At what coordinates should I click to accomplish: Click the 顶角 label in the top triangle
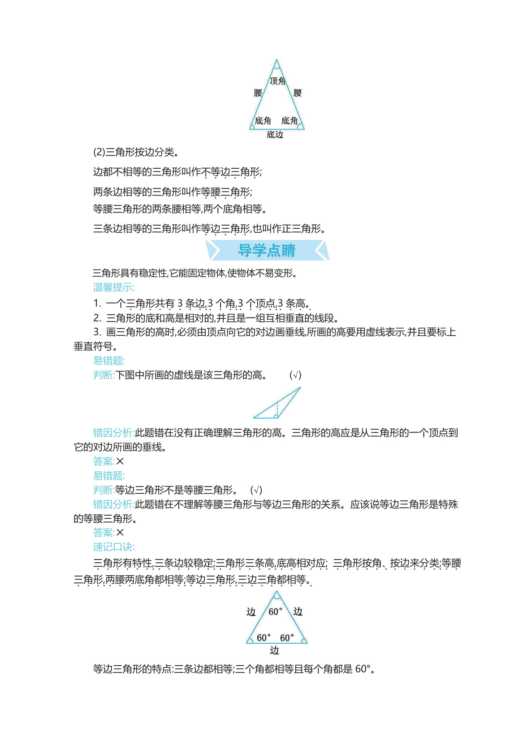(x=277, y=81)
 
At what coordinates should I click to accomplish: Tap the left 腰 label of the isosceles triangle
(x=258, y=93)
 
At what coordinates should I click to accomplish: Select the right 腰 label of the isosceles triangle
(x=298, y=93)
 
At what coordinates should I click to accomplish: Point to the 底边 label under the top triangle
(x=275, y=134)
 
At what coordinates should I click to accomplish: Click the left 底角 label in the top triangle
(x=263, y=120)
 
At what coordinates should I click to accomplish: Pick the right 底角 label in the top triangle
(x=289, y=120)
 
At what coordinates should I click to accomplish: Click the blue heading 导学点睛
(x=267, y=250)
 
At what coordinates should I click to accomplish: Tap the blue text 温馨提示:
(x=114, y=287)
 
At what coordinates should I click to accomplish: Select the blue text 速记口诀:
(x=114, y=547)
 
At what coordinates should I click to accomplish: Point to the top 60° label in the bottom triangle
(x=275, y=611)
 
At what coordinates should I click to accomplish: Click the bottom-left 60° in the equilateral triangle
(x=263, y=637)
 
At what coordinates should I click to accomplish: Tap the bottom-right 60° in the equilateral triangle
(x=287, y=637)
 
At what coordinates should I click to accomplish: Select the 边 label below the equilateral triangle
(x=274, y=650)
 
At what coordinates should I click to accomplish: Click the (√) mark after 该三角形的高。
(x=295, y=375)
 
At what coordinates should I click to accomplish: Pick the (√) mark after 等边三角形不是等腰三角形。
(x=256, y=490)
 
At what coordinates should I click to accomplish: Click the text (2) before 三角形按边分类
(x=99, y=152)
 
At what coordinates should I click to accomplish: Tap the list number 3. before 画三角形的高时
(x=97, y=332)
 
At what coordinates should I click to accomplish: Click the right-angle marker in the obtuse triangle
(x=276, y=416)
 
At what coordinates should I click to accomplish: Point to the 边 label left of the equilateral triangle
(x=251, y=612)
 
